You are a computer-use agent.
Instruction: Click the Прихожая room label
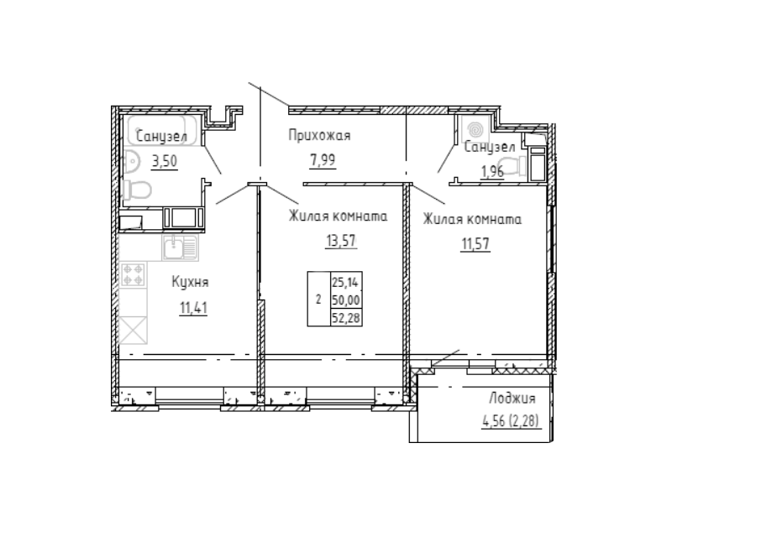coord(319,135)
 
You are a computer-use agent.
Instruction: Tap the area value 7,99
coord(323,159)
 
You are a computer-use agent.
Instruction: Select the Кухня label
coord(190,282)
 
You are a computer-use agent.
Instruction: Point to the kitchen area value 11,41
coord(194,308)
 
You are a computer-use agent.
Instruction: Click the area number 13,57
coord(341,240)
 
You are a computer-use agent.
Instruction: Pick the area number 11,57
coord(475,244)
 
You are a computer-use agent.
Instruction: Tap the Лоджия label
coord(512,399)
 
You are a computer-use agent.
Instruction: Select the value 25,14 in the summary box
coord(346,282)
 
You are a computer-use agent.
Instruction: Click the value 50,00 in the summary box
coord(346,300)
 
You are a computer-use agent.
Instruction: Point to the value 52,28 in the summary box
coord(346,318)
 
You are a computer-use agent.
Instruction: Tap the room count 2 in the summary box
coord(318,300)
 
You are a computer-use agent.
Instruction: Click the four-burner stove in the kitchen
coord(133,274)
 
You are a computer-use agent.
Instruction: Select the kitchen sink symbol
coord(180,248)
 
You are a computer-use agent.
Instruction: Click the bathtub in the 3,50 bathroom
coord(162,130)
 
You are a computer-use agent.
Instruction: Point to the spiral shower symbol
coord(475,130)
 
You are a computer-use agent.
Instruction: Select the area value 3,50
coord(165,160)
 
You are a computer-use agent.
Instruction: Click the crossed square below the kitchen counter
coord(133,330)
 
